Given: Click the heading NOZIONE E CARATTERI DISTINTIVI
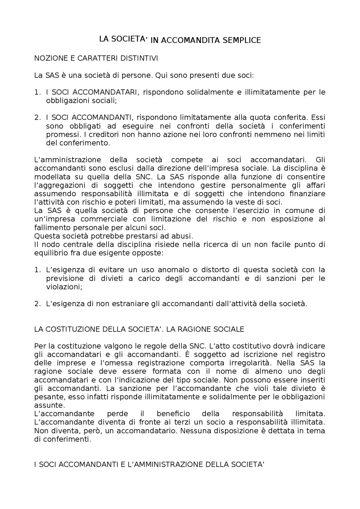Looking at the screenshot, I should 96,58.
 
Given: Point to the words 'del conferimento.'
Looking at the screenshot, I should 78,143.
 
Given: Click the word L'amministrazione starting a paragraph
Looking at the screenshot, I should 67,160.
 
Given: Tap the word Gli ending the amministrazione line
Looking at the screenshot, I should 320,160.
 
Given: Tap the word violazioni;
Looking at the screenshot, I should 64,287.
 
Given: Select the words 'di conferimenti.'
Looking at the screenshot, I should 62,439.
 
